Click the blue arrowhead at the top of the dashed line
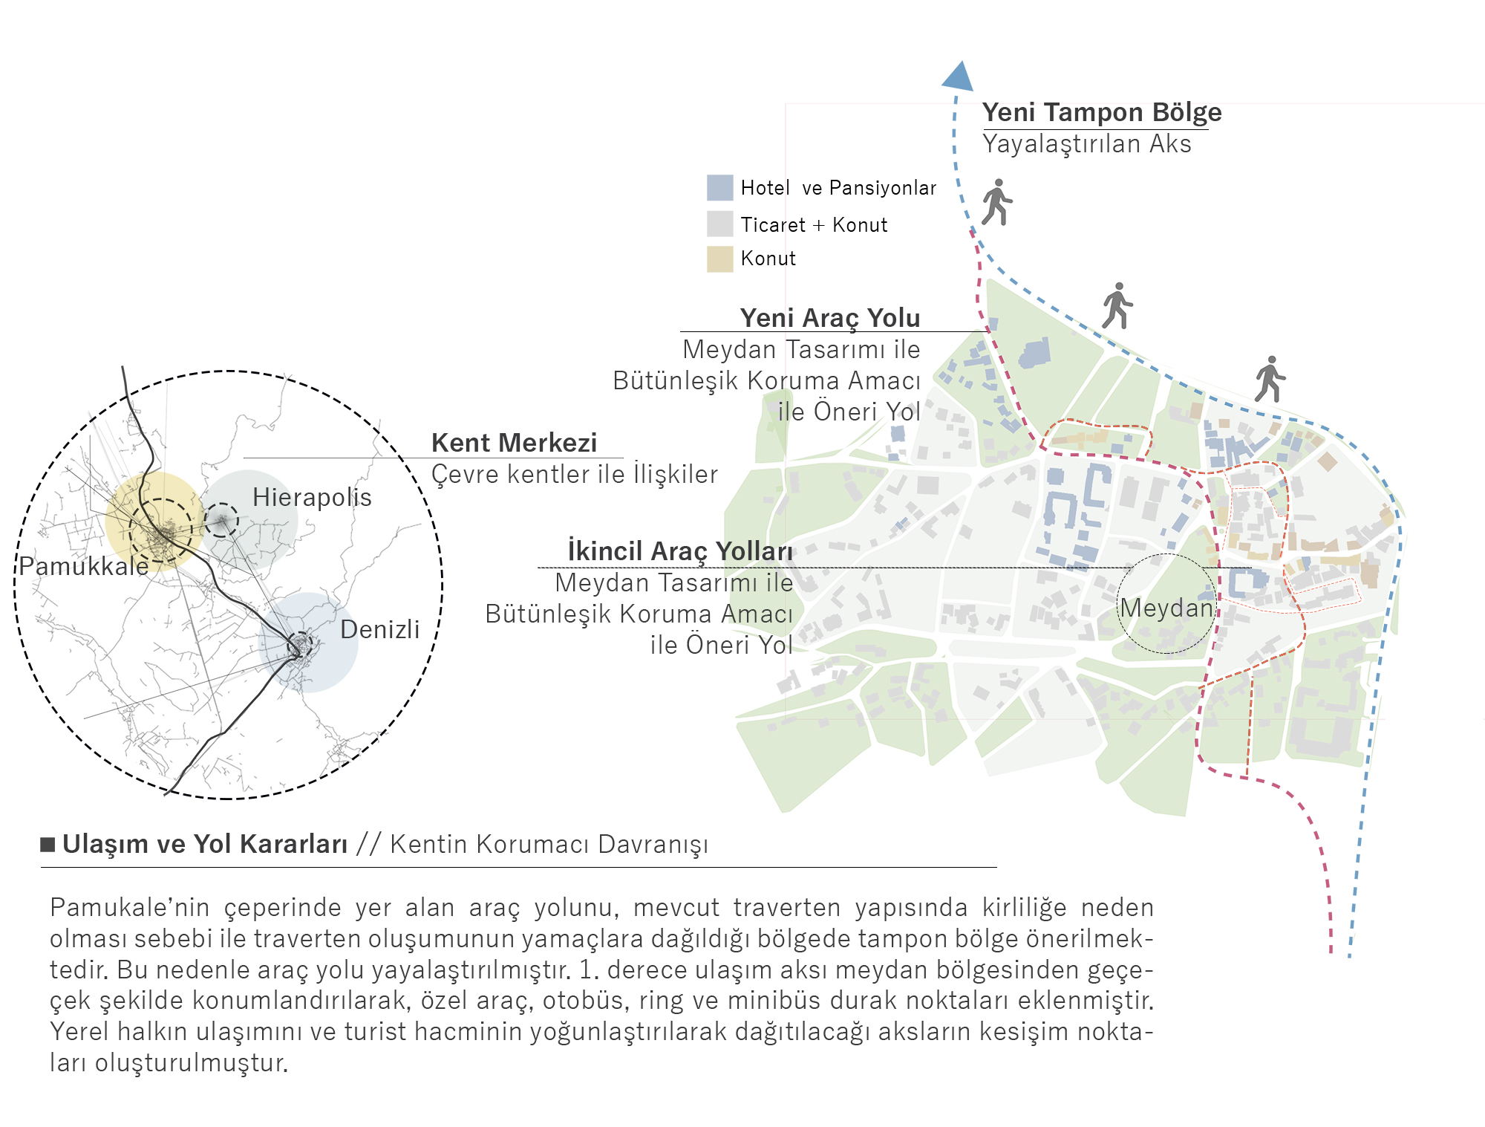click(x=958, y=77)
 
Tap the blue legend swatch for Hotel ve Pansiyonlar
click(x=719, y=188)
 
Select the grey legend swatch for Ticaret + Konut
click(x=719, y=224)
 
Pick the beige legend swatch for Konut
click(x=719, y=259)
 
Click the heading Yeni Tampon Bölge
click(x=1102, y=112)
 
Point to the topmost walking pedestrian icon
click(x=996, y=201)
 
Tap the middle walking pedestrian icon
click(x=1117, y=305)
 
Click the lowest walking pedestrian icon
click(x=1270, y=379)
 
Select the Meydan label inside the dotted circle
click(x=1166, y=608)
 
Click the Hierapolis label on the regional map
click(x=312, y=497)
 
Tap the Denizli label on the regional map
click(x=379, y=629)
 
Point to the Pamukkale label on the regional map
click(x=84, y=566)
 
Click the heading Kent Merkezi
click(x=514, y=443)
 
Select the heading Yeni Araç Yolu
click(x=830, y=318)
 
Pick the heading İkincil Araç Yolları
click(x=680, y=551)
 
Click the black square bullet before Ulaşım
click(x=48, y=844)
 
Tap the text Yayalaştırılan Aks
click(x=1087, y=144)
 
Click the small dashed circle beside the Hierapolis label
click(x=221, y=520)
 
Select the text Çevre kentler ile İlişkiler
click(x=575, y=474)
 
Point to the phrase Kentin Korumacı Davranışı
click(x=549, y=845)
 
